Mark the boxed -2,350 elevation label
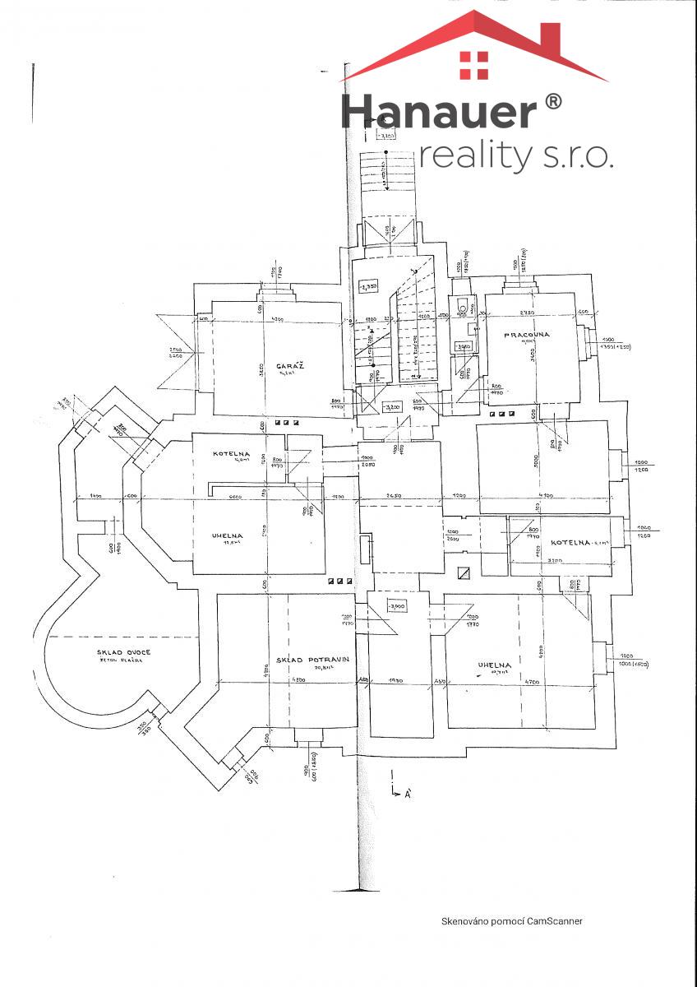pos(367,287)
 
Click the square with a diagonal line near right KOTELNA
pos(464,575)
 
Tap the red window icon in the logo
pos(473,66)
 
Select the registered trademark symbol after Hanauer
pos(553,101)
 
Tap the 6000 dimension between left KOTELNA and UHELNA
pos(233,497)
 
